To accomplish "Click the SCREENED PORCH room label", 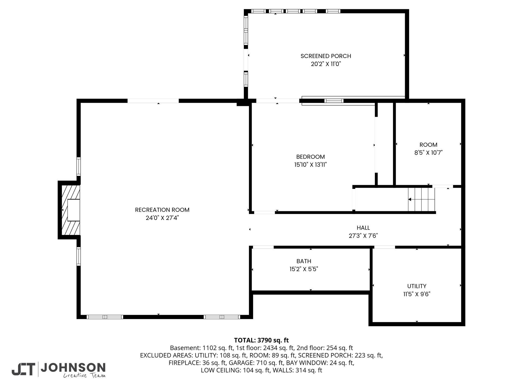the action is [326, 56].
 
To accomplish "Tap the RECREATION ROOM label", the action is [162, 210].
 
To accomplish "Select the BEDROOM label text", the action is [311, 157].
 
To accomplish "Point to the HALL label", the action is [363, 228].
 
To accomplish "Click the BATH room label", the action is [304, 261].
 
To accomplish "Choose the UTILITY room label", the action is [417, 286].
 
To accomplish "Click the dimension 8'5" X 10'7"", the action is [428, 153].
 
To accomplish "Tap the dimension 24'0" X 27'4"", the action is [162, 218].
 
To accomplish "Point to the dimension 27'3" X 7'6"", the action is [363, 236].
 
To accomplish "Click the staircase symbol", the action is [421, 200].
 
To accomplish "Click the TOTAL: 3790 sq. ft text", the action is [261, 340].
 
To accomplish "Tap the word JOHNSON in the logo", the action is [73, 368].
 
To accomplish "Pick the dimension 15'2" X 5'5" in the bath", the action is [304, 269].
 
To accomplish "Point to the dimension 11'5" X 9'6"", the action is [417, 294].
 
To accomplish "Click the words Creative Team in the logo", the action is [84, 376].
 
